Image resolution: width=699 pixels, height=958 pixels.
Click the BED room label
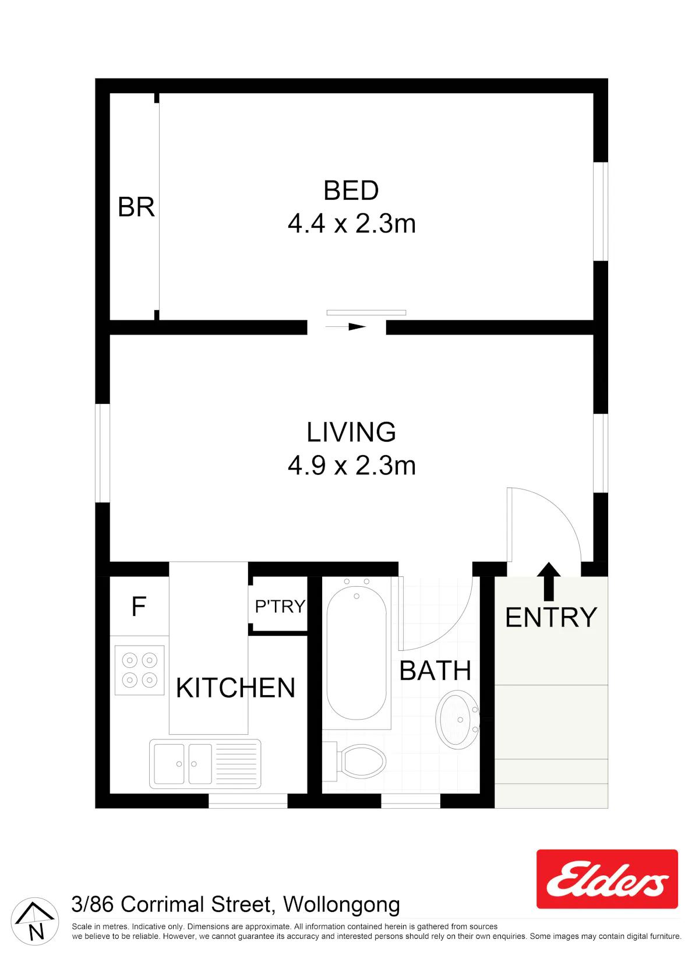pos(351,191)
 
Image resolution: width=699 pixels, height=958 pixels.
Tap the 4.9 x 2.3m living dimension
pos(351,466)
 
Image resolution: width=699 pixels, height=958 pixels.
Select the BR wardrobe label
pos(136,207)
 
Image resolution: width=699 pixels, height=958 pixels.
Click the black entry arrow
pos(549,582)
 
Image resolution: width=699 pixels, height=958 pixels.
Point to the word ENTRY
pos(551,618)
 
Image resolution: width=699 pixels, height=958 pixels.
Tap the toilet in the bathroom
pos(354,762)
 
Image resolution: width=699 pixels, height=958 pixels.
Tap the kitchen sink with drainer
pos(205,764)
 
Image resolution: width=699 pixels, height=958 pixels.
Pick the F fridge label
pos(139,607)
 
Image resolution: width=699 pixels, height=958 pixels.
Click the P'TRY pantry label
pos(280,607)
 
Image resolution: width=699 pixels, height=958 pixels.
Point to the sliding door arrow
pos(345,327)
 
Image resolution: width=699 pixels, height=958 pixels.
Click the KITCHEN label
pos(235,688)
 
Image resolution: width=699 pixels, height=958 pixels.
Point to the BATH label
pos(435,671)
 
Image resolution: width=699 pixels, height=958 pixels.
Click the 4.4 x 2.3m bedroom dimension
pos(351,224)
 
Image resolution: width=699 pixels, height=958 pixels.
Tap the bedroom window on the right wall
pos(601,212)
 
